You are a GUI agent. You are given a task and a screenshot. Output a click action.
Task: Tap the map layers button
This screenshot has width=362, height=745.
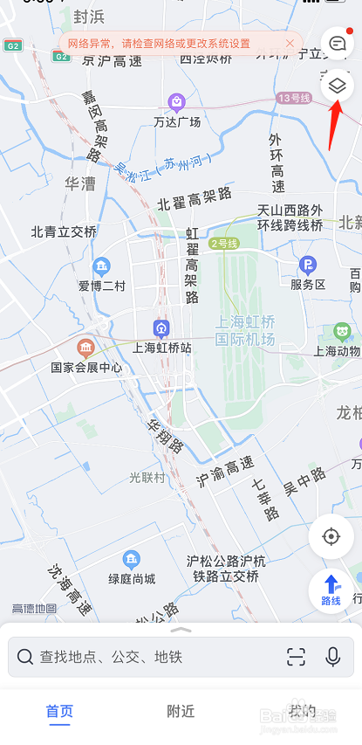337,86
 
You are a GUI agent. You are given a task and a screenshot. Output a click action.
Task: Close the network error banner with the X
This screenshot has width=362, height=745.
290,43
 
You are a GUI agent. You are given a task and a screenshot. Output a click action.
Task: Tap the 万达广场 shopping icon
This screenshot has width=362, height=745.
177,102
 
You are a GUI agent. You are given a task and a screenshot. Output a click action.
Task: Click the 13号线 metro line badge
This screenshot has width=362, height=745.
293,98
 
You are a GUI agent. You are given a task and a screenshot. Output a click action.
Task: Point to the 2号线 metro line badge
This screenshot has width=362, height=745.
223,243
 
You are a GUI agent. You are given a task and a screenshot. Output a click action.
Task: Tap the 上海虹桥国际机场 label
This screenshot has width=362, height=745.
245,330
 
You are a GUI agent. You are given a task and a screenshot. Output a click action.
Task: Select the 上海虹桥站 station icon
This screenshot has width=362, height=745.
161,328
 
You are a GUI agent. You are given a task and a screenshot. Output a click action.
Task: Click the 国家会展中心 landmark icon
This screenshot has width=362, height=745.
85,348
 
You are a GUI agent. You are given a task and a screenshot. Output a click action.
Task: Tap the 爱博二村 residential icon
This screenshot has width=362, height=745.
102,266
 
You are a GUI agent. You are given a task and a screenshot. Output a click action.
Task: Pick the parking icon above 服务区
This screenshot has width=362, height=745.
307,265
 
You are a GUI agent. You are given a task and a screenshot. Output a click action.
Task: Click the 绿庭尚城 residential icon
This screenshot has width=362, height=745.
132,558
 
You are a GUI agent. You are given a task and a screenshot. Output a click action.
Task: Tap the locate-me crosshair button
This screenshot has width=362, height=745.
331,535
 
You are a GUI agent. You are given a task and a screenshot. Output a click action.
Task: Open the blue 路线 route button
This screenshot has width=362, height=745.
331,590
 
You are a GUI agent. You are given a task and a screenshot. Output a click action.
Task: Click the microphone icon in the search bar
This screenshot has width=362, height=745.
332,657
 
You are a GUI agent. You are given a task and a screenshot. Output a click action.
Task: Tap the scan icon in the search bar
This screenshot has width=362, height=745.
296,657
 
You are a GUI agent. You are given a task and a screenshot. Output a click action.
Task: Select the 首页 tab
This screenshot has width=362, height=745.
59,711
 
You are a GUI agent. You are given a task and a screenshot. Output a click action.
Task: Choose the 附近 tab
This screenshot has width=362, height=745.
181,711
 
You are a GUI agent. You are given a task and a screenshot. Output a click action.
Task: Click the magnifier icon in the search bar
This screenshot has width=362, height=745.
25,657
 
